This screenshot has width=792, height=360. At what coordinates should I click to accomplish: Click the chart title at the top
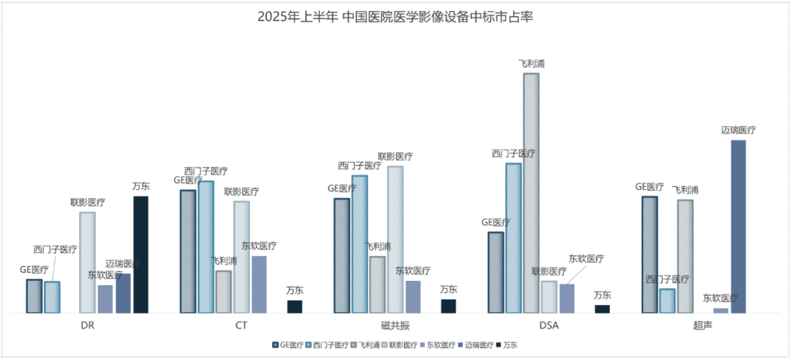[x=395, y=17]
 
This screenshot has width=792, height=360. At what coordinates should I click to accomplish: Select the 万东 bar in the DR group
[x=141, y=254]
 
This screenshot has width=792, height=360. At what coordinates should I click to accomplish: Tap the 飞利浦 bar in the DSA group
[x=531, y=193]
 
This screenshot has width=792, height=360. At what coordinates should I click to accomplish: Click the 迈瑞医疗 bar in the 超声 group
[x=738, y=227]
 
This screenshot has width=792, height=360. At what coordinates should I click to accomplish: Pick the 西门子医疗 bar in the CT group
[x=206, y=247]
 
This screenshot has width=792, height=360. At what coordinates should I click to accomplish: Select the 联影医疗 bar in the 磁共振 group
[x=395, y=240]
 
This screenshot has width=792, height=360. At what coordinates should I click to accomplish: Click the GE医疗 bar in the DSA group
[x=495, y=273]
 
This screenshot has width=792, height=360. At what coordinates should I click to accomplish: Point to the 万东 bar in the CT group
[x=295, y=306]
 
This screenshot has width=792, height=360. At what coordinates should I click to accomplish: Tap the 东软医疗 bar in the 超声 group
[x=721, y=310]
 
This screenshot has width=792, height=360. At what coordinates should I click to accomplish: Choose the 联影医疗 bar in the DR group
[x=87, y=262]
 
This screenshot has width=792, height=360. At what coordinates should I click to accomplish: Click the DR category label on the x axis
[x=87, y=324]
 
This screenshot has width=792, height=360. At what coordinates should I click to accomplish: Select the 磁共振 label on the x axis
[x=395, y=324]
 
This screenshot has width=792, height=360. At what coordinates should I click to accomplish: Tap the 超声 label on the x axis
[x=703, y=324]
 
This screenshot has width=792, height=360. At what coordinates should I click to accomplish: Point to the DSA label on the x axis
[x=549, y=324]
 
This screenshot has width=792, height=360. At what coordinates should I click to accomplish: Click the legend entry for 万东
[x=505, y=345]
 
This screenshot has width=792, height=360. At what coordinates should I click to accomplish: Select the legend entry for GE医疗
[x=288, y=345]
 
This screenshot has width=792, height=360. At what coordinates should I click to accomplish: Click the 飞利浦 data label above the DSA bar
[x=531, y=64]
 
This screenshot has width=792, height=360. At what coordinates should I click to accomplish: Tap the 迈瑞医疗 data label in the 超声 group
[x=738, y=131]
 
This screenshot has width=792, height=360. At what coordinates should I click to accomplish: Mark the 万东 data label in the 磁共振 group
[x=449, y=290]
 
